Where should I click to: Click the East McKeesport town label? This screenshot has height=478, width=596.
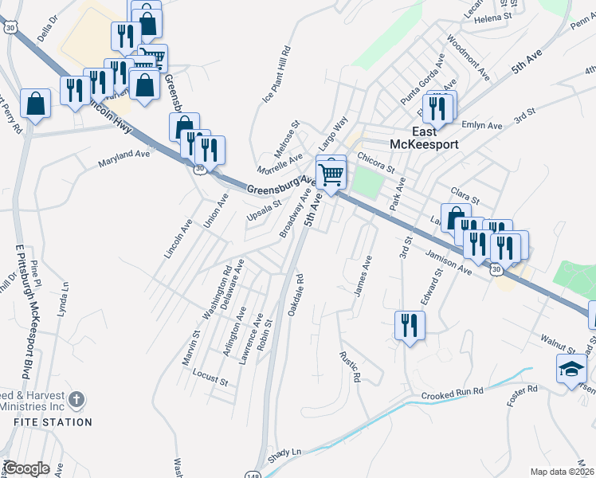coord(422,138)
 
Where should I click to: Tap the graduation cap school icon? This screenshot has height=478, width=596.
coord(571,369)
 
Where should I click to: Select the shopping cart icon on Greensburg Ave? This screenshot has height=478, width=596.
coord(331,172)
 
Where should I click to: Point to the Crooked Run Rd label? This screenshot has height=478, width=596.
coord(452,394)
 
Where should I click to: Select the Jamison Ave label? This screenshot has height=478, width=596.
coord(449,262)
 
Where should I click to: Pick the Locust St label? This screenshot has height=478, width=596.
coord(210,377)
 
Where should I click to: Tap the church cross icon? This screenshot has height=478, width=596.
coord(76,398)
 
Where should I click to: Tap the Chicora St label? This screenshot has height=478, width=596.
coord(376,163)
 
